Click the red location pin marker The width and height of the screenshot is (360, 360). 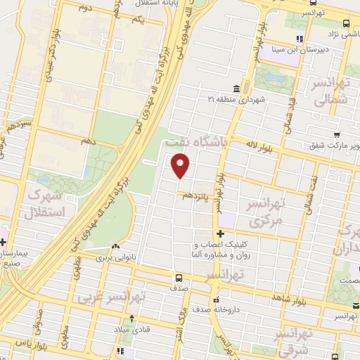pos(181,166)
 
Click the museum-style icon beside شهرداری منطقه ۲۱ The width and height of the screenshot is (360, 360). pos(236,89)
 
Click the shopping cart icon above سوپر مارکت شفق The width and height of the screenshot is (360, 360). pos(337,135)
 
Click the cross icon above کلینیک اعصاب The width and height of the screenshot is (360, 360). pos(221,233)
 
